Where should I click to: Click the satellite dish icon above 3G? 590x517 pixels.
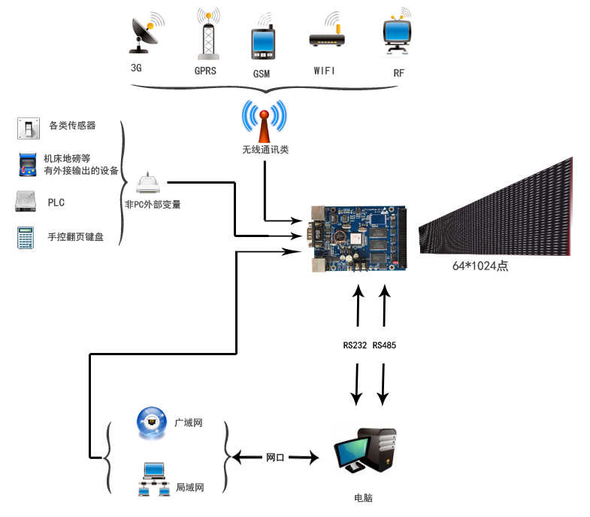pos(147,33)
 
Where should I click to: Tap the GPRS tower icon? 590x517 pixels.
pos(208,34)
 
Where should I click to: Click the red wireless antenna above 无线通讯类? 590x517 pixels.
pos(265,121)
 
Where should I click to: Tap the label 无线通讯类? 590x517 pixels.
pos(265,150)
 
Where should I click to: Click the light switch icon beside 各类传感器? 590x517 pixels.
pos(29,129)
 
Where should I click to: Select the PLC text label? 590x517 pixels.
pos(56,202)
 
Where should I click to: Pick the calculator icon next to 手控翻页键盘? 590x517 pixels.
pos(26,237)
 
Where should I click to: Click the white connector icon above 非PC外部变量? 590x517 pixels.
pos(148,183)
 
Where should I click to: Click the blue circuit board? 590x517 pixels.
pos(359,239)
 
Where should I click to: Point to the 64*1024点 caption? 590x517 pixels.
pos(480,266)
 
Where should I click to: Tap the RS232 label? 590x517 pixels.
pos(355,345)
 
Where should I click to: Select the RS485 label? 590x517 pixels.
pos(384,345)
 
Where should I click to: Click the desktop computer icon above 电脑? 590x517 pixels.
pos(366,451)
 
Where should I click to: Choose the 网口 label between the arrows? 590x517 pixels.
pos(275,458)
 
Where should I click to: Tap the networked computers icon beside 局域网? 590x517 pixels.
pos(153,479)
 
